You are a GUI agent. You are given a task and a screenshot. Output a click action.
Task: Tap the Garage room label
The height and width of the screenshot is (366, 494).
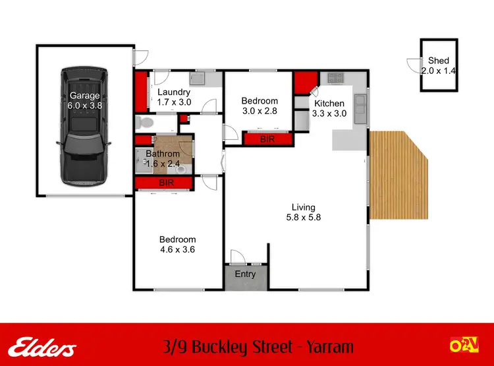[85, 95]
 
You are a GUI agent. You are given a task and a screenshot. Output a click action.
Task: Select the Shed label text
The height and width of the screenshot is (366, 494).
[439, 61]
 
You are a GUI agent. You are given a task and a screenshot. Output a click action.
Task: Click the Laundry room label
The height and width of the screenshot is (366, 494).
[174, 92]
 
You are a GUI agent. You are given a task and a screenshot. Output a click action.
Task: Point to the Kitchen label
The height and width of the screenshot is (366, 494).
[329, 104]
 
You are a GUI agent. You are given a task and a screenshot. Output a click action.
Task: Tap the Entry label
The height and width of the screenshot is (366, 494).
[245, 274]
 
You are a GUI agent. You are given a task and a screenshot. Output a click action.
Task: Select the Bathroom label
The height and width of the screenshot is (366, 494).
[162, 154]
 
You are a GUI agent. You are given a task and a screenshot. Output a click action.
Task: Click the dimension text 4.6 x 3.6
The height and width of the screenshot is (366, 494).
[177, 249]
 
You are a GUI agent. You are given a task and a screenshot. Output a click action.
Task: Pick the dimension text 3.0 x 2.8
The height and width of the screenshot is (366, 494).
[259, 111]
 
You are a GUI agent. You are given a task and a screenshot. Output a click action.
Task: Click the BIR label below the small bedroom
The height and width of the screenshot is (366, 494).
[267, 139]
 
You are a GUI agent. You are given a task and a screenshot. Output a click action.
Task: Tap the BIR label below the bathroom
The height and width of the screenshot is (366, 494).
[167, 183]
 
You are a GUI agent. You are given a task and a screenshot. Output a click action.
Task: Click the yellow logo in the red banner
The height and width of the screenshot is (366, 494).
[463, 344]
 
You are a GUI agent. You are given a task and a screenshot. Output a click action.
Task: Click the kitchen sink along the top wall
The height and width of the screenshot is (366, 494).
[337, 78]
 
